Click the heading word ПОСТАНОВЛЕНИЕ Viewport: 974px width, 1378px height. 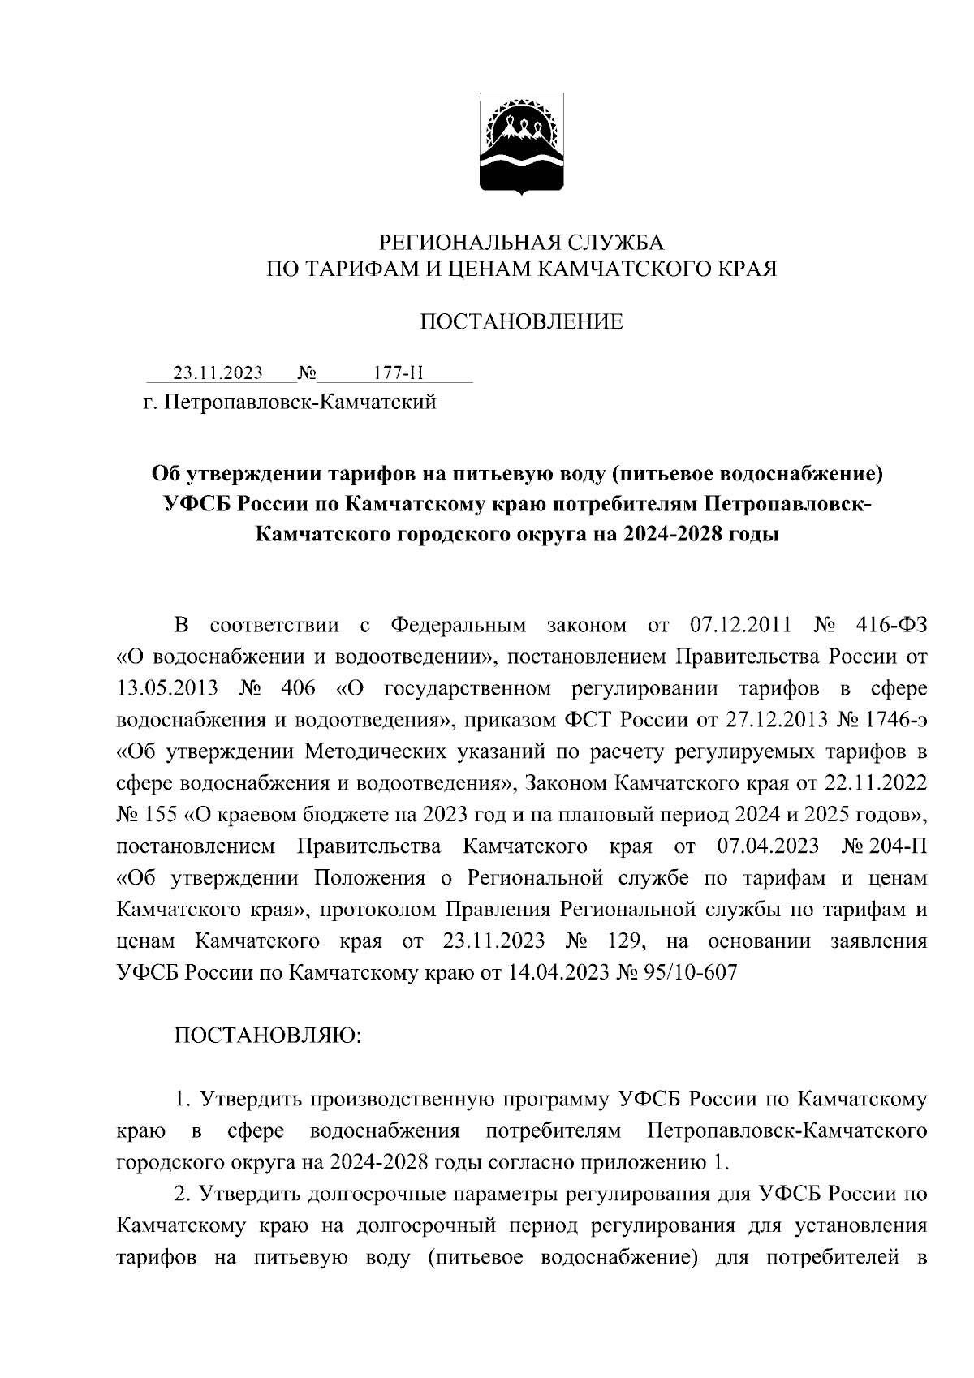[x=522, y=322]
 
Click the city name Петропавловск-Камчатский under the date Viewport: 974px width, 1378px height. [x=301, y=402]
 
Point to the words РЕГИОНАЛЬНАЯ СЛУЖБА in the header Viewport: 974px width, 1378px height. [x=522, y=242]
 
